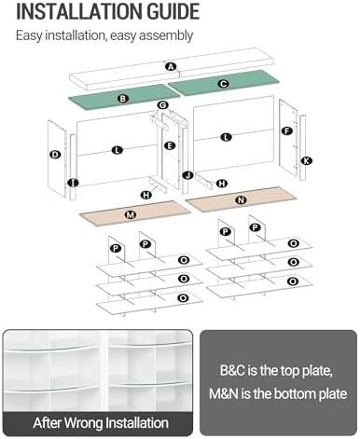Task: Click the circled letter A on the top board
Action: point(171,66)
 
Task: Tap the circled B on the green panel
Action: point(123,99)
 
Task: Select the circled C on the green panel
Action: point(223,84)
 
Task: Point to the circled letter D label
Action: point(55,155)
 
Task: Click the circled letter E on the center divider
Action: point(170,145)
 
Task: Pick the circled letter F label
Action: point(286,130)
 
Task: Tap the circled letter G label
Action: point(162,105)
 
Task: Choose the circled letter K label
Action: point(307,160)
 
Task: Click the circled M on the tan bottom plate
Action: point(131,214)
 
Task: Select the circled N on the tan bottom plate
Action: point(242,200)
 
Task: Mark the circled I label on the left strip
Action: point(73,183)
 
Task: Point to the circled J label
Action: point(187,175)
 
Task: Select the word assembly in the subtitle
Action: point(166,35)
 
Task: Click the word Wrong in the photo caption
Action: point(83,423)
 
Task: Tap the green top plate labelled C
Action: point(224,83)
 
